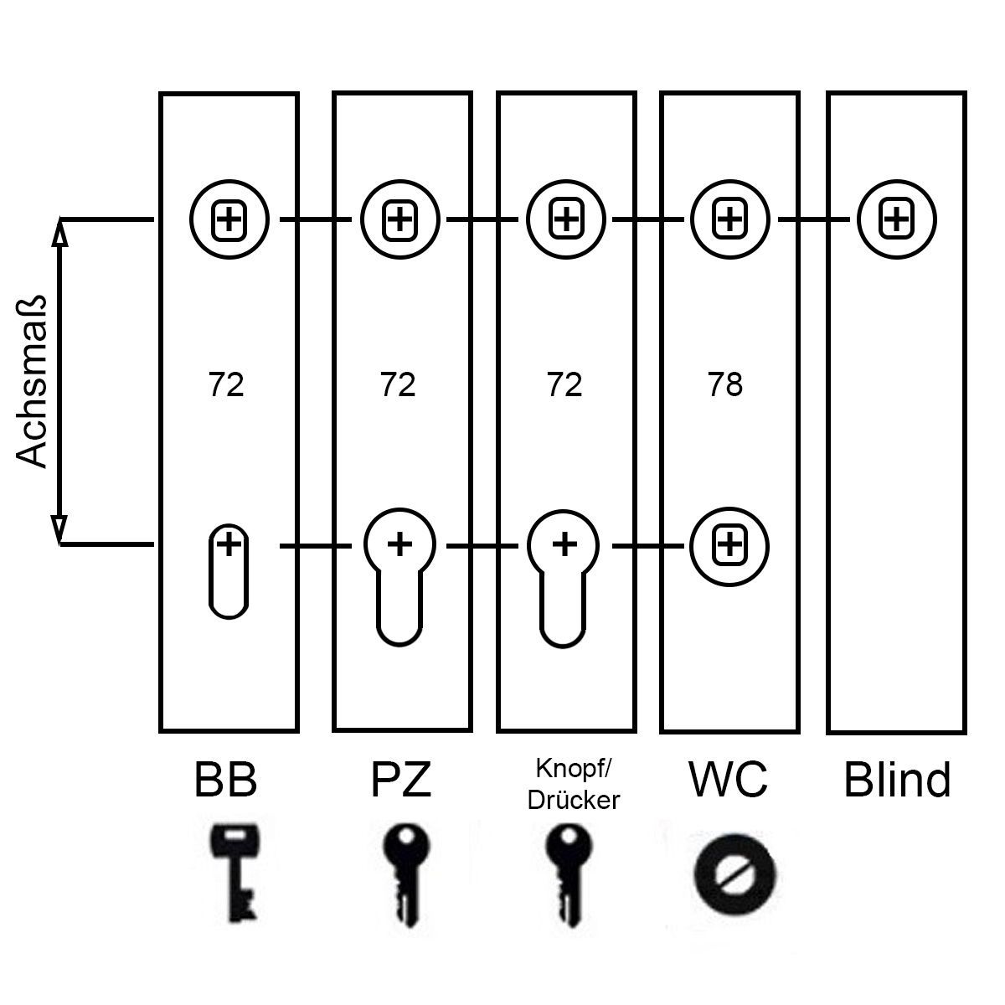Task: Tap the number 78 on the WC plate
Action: [x=725, y=385]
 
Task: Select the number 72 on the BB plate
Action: [x=226, y=385]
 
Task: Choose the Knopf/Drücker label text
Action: [x=574, y=785]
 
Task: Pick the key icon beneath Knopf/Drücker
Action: [x=568, y=871]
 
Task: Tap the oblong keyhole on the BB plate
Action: [x=228, y=571]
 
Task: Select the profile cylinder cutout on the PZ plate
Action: [x=399, y=574]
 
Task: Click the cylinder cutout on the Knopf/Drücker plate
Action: [x=564, y=574]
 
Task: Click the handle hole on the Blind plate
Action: [x=896, y=219]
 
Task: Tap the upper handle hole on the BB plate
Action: [x=228, y=220]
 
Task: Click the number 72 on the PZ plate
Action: [x=398, y=385]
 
